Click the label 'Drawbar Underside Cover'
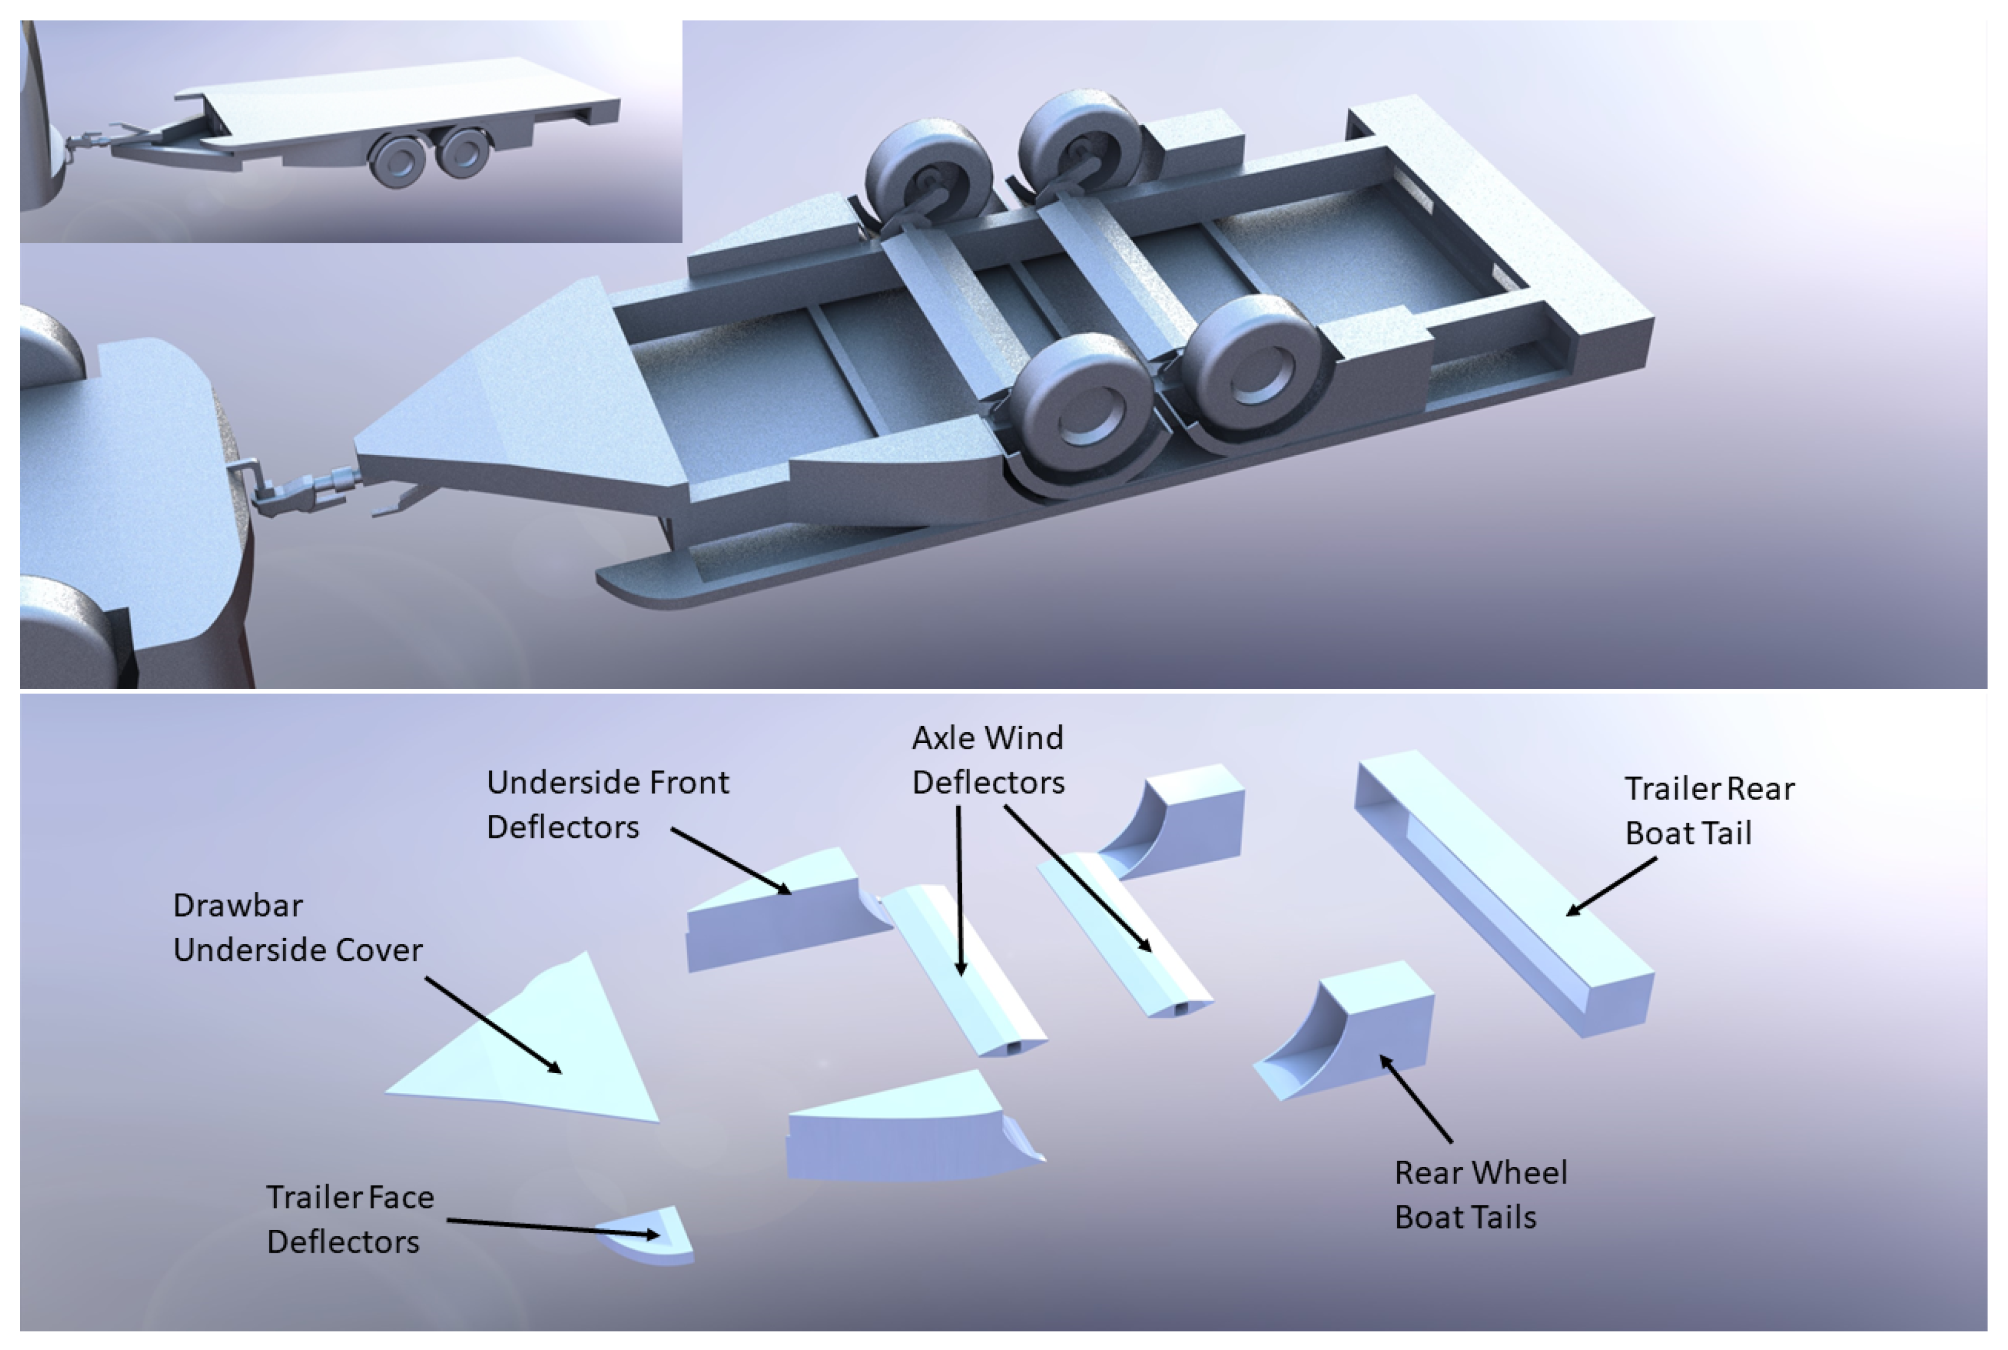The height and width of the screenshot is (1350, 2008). (297, 927)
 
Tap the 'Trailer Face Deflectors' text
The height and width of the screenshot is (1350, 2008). (349, 1218)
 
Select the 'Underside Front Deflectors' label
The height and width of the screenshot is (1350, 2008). (607, 804)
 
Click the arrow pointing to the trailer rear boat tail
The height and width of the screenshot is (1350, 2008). (1610, 887)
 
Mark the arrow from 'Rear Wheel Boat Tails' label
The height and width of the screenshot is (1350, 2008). (1416, 1098)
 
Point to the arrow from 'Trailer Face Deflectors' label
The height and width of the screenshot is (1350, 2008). (551, 1227)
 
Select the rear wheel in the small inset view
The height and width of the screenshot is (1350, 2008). (463, 151)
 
